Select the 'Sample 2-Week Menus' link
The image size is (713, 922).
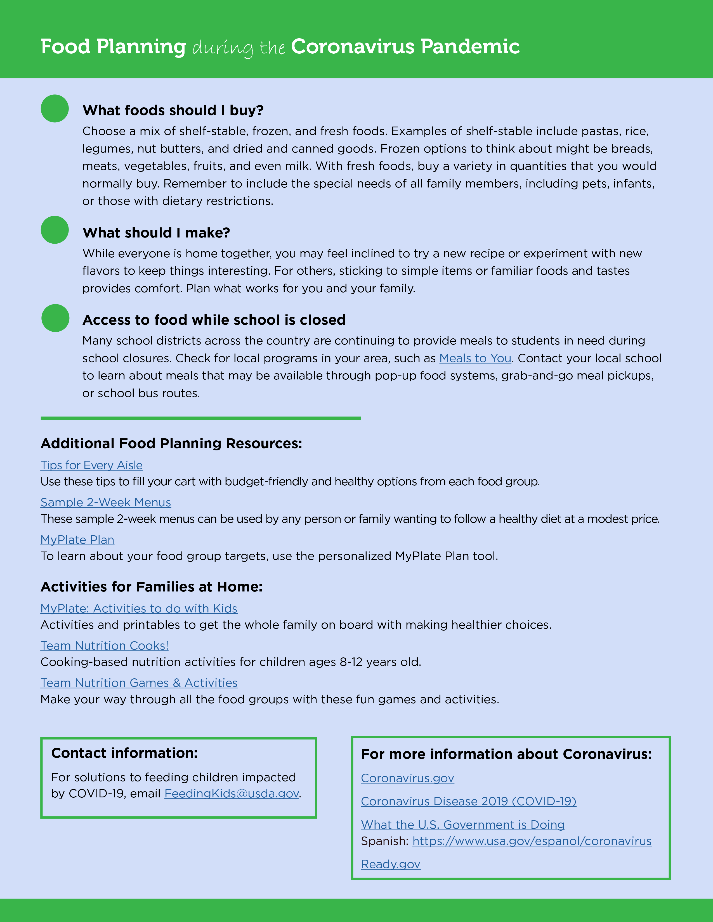[106, 502]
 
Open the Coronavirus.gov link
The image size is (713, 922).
[407, 778]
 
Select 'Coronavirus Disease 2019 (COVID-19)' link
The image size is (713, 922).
[468, 801]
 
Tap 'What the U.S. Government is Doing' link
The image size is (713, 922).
[462, 824]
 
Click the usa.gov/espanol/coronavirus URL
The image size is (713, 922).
[532, 841]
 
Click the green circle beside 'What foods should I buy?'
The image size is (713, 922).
[55, 108]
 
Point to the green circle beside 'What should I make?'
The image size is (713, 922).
[55, 230]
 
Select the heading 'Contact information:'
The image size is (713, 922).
[124, 753]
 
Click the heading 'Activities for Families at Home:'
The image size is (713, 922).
[151, 587]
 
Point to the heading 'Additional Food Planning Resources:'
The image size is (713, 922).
[171, 443]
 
